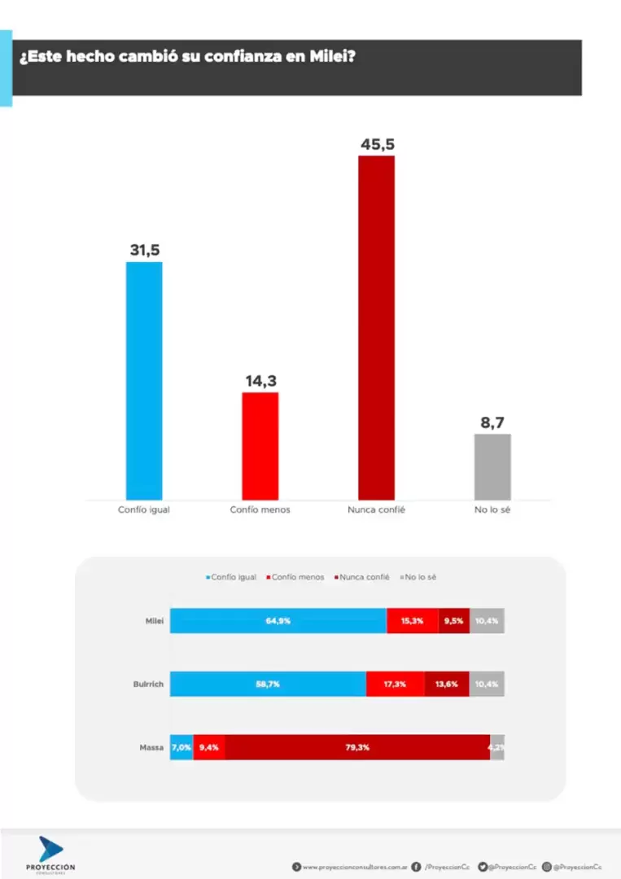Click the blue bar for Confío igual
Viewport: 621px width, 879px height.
pos(144,380)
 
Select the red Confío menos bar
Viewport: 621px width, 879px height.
pos(260,446)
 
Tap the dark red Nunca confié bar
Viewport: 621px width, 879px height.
pos(376,327)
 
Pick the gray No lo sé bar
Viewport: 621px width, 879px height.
pos(492,466)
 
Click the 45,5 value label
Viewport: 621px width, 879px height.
pos(378,145)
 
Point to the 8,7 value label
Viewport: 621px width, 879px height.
pos(492,423)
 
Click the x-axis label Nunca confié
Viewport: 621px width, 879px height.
pos(376,509)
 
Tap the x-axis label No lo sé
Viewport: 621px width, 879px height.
pos(492,509)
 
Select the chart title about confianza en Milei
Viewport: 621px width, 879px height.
pos(187,58)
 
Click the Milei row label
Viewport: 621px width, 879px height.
pos(155,620)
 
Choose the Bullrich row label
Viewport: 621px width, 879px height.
pos(148,684)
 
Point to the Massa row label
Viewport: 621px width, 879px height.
pos(152,746)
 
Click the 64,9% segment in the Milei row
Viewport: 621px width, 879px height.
pos(278,620)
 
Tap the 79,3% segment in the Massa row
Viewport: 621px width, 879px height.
pos(357,746)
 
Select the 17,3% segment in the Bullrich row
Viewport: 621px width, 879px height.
pos(395,684)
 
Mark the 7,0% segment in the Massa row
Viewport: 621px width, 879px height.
pos(181,746)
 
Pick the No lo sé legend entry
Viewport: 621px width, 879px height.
pos(421,577)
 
